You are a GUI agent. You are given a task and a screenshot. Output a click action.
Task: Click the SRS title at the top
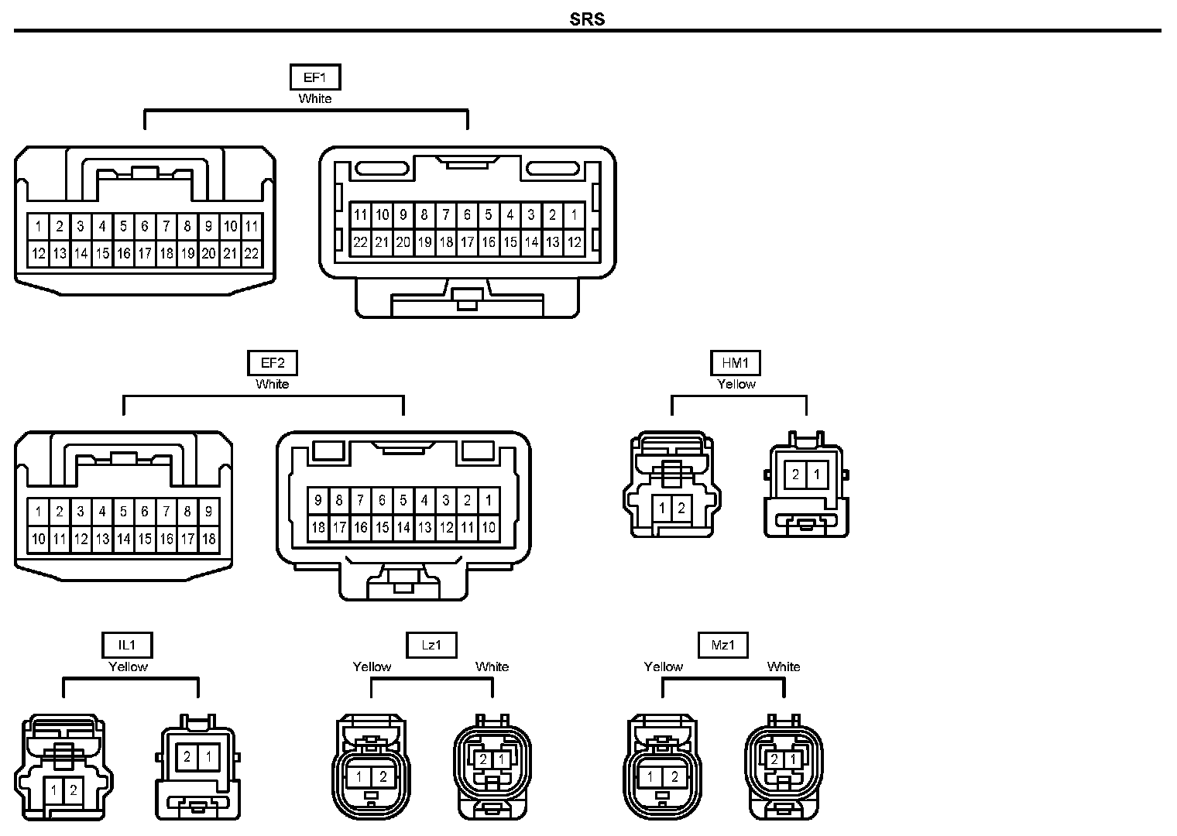(587, 19)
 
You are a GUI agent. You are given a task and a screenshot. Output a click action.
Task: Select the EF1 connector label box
(315, 77)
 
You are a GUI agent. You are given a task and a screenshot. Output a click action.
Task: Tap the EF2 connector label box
(273, 363)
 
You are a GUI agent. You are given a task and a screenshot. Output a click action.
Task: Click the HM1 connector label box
(735, 363)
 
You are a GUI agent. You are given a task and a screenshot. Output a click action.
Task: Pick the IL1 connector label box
(127, 645)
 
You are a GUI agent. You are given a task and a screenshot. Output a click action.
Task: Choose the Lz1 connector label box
(431, 645)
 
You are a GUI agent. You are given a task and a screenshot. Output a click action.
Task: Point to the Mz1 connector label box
(723, 645)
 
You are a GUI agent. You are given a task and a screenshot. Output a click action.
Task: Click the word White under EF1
(314, 99)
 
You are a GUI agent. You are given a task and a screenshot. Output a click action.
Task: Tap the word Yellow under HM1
(736, 385)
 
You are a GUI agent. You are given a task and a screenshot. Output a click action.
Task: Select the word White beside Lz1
(492, 667)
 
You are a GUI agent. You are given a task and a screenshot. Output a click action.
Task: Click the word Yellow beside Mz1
(663, 667)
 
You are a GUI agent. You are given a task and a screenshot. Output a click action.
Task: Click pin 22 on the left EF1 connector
(252, 254)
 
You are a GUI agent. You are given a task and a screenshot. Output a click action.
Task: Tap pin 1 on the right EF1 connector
(575, 214)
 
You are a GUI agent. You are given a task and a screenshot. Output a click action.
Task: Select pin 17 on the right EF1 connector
(467, 242)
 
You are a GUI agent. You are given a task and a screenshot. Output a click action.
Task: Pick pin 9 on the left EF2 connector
(208, 512)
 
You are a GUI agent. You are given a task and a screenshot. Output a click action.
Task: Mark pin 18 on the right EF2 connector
(318, 527)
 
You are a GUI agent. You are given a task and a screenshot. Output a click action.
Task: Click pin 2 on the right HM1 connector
(795, 475)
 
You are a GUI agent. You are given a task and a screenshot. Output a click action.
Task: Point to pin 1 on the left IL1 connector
(53, 790)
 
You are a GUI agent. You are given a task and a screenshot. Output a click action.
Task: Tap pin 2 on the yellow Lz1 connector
(383, 776)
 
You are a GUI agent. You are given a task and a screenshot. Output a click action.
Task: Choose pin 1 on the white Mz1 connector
(793, 759)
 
